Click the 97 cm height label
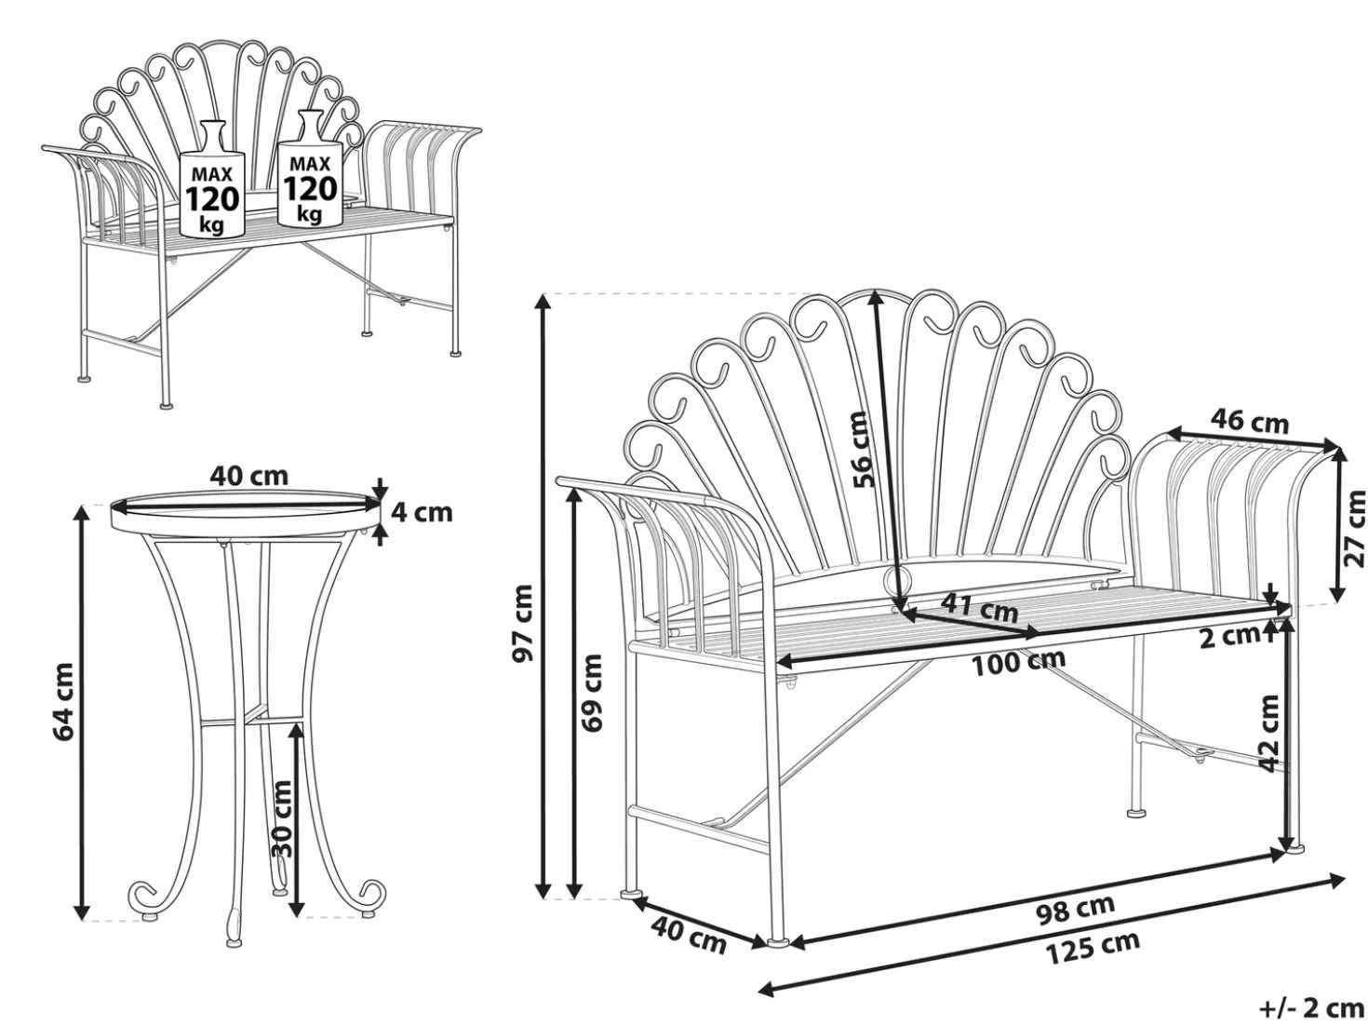tap(522, 623)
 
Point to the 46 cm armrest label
tap(1250, 422)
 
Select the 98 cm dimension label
tap(1075, 910)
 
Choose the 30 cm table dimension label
tap(282, 818)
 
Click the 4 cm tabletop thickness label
tap(422, 512)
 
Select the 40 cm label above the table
tap(248, 476)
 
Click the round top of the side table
tap(245, 512)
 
